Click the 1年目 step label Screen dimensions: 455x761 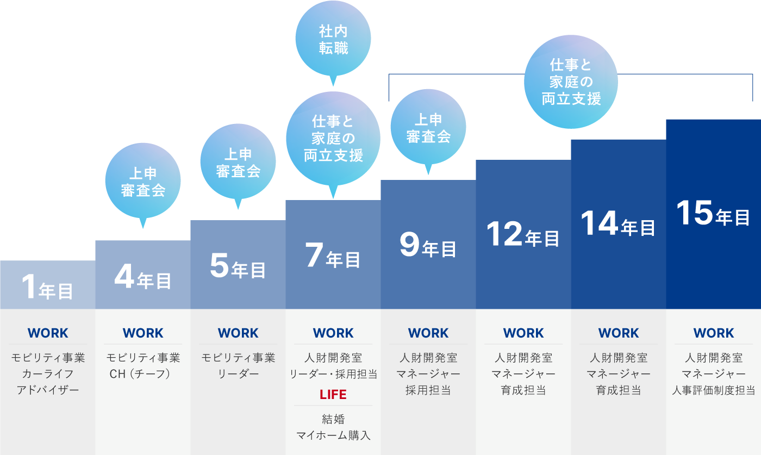47,288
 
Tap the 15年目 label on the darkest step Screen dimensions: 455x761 713,214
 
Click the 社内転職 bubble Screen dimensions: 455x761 333,39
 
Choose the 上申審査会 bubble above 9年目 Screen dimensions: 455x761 428,128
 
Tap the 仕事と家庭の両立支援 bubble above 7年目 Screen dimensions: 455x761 333,138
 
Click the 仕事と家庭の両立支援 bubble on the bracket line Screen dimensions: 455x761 571,82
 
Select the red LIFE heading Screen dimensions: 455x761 333,394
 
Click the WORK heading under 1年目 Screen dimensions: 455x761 48,333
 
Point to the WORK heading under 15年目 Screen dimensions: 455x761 714,333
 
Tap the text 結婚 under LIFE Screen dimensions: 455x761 333,419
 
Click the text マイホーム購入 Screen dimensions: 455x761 333,435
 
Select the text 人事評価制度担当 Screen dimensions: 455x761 714,390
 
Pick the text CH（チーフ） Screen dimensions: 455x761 143,374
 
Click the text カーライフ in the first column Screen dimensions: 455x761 48,374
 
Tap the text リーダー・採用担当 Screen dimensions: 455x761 333,374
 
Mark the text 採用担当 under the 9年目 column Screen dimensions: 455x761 428,390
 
